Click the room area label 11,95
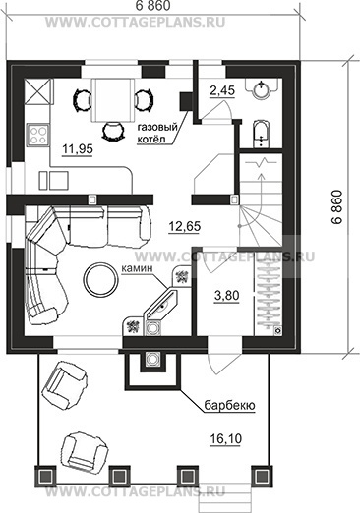click(78, 149)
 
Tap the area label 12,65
click(185, 226)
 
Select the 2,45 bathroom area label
click(222, 90)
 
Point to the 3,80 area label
click(226, 296)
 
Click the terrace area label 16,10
click(226, 438)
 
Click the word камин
click(137, 268)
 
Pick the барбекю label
click(229, 406)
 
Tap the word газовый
click(157, 128)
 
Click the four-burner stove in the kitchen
click(38, 135)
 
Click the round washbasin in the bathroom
click(262, 89)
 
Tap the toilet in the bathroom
click(262, 135)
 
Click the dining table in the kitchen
click(113, 100)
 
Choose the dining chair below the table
click(113, 131)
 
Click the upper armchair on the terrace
click(65, 385)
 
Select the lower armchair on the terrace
click(85, 452)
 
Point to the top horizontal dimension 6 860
click(151, 6)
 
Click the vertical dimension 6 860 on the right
click(336, 207)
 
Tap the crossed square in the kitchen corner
click(38, 91)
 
